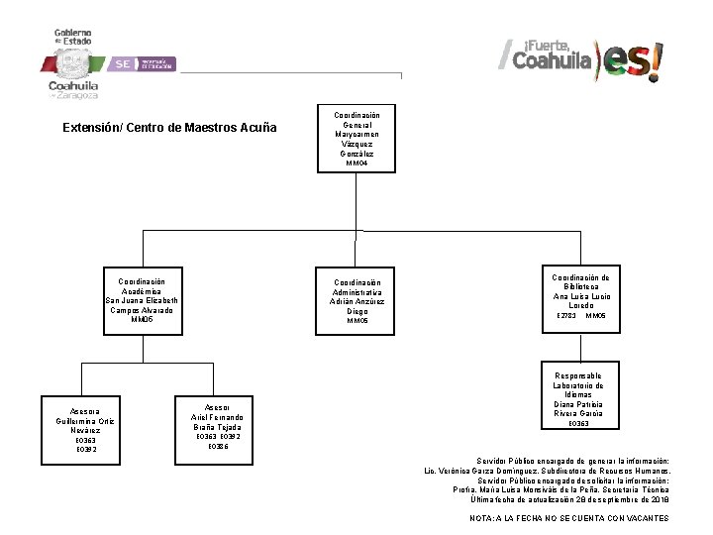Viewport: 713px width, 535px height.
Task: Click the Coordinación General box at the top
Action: click(x=358, y=139)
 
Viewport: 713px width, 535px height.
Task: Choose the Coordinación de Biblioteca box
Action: click(x=581, y=296)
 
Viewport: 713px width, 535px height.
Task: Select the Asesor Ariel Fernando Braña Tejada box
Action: click(x=217, y=427)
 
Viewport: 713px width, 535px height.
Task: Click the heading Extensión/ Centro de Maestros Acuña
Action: click(x=169, y=128)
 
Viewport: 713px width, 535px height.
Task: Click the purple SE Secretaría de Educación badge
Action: click(x=142, y=63)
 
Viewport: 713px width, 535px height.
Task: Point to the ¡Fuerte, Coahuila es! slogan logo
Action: click(x=580, y=58)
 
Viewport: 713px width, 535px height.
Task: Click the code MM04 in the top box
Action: click(x=357, y=163)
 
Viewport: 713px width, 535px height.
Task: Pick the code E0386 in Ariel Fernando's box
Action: click(x=217, y=447)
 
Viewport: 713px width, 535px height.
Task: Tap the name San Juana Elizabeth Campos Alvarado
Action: click(x=142, y=305)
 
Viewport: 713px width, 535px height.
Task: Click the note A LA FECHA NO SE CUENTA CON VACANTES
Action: click(x=568, y=518)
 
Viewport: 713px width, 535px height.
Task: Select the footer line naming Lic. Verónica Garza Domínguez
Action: click(x=546, y=471)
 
